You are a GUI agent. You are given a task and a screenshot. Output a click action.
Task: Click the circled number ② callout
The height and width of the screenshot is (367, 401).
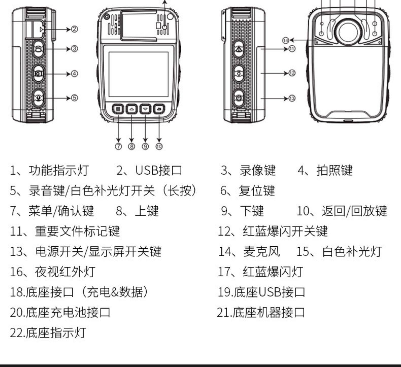click(74, 29)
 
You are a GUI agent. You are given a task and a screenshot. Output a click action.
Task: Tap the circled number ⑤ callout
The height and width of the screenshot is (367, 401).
click(74, 98)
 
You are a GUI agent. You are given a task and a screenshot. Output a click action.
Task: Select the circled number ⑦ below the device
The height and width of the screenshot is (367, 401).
click(118, 146)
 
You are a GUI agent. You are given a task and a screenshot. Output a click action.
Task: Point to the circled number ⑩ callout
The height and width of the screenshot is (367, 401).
click(159, 146)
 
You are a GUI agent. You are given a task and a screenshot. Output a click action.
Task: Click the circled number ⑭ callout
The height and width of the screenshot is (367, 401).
click(286, 40)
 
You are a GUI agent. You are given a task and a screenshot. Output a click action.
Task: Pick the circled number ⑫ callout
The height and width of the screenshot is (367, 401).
click(292, 73)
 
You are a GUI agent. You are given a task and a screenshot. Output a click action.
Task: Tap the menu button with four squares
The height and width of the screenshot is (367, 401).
click(118, 109)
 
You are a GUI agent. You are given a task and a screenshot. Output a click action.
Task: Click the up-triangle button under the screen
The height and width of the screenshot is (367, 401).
click(132, 109)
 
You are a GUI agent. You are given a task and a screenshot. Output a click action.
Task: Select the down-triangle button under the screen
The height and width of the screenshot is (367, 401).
click(145, 109)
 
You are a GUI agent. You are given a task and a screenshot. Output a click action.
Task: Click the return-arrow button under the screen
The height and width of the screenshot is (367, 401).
click(159, 109)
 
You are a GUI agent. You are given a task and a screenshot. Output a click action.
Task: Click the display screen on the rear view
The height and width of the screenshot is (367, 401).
click(138, 74)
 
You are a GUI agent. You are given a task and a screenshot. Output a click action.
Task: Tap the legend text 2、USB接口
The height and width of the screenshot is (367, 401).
click(149, 170)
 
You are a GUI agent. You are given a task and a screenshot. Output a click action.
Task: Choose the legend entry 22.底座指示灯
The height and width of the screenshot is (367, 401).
click(48, 333)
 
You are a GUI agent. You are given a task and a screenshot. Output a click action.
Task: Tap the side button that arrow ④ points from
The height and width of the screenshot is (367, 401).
click(39, 74)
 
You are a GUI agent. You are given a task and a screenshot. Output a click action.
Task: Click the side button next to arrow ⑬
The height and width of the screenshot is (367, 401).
click(239, 98)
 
